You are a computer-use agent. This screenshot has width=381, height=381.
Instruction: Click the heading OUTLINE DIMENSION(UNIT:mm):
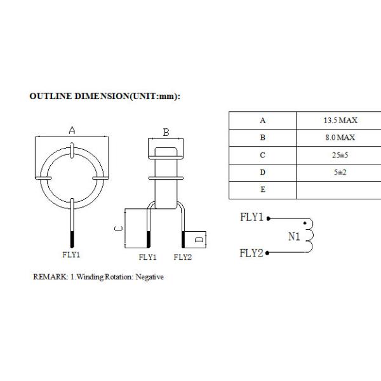105,97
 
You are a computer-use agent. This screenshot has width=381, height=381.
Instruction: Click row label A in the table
262,121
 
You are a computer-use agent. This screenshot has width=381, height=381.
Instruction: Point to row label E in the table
262,189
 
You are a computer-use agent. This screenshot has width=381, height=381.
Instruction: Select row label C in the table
262,155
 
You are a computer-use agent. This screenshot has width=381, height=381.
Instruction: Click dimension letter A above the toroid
72,130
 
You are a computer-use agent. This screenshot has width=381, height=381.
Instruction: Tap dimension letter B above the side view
166,132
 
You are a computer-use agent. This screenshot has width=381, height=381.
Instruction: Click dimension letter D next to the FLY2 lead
199,240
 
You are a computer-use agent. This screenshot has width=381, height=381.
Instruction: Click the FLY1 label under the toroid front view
72,255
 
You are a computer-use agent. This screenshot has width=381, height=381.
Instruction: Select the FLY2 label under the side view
182,257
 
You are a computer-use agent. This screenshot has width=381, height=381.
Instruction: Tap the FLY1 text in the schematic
251,217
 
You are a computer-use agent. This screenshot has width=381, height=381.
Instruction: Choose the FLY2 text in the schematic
251,253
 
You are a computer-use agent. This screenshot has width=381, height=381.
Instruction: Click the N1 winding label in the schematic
293,237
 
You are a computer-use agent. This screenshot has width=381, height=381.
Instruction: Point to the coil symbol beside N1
310,236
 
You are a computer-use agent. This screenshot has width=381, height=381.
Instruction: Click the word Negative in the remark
150,277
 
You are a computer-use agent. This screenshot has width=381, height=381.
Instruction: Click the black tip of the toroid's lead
72,240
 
